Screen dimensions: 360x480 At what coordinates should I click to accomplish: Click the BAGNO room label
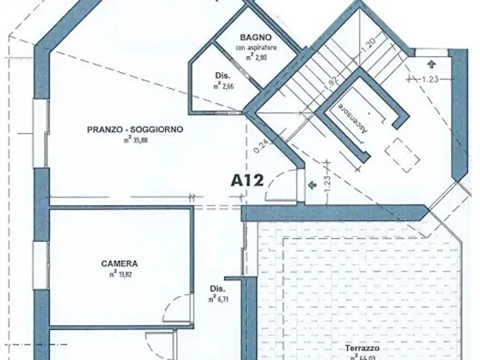256,37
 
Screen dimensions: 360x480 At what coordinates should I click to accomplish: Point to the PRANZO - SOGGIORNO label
135,129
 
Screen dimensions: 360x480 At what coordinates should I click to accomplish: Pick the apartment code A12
248,181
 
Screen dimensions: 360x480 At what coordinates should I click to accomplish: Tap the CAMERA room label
119,263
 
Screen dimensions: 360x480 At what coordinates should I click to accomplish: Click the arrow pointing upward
430,64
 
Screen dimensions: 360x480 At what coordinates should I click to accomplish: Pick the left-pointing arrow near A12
312,184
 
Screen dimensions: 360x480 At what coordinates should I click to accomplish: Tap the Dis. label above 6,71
217,289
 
